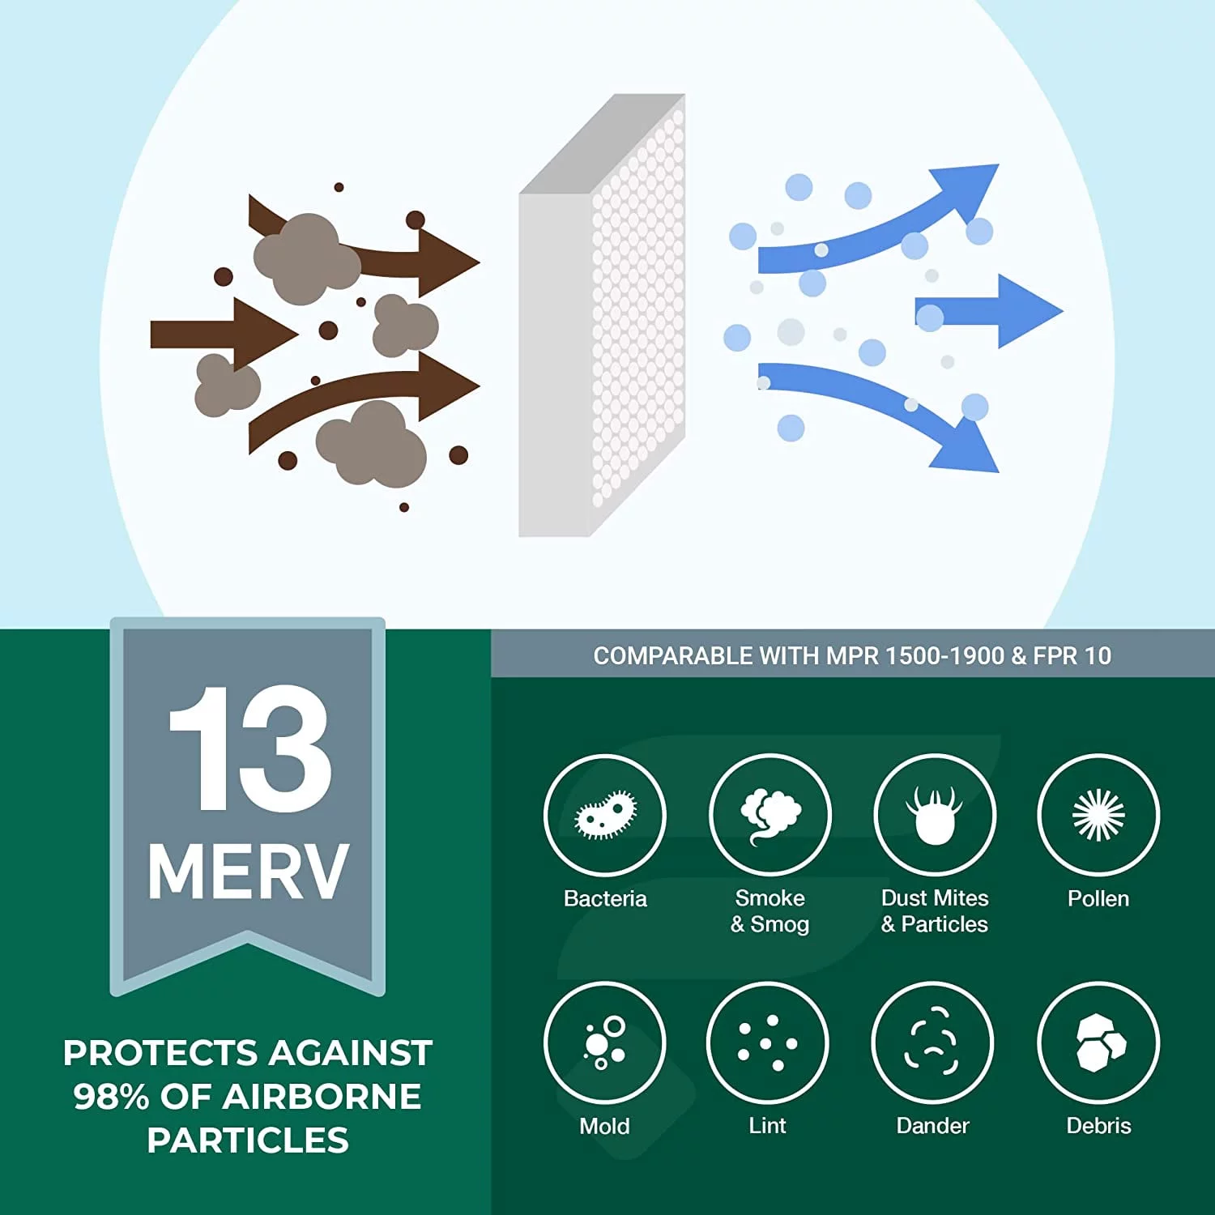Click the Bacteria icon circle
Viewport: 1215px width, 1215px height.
(604, 815)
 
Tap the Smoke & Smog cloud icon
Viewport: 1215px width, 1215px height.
(769, 815)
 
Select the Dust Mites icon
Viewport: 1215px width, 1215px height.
(935, 815)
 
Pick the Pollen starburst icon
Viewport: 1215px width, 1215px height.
(1098, 815)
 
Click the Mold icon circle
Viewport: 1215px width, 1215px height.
(604, 1042)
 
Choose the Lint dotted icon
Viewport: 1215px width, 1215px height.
(767, 1042)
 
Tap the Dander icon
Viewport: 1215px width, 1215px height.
(932, 1042)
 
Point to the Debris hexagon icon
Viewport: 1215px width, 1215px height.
(1098, 1042)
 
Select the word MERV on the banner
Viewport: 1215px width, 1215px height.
(248, 872)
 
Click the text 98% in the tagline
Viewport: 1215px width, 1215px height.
(111, 1097)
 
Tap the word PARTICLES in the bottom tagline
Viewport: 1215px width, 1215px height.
(248, 1140)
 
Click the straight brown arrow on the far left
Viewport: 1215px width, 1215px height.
(219, 334)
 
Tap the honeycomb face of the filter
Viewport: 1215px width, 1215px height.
(638, 316)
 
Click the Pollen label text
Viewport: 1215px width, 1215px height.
(1098, 898)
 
